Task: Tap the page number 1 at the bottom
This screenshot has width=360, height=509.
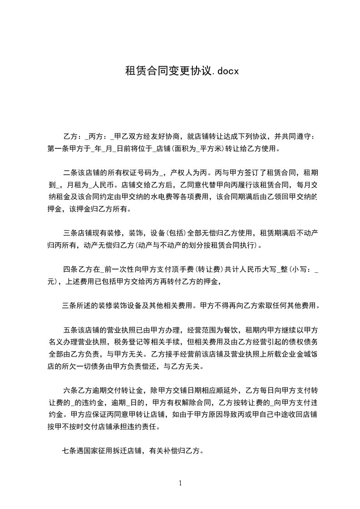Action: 180,483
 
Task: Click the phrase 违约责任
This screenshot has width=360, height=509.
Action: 144,427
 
